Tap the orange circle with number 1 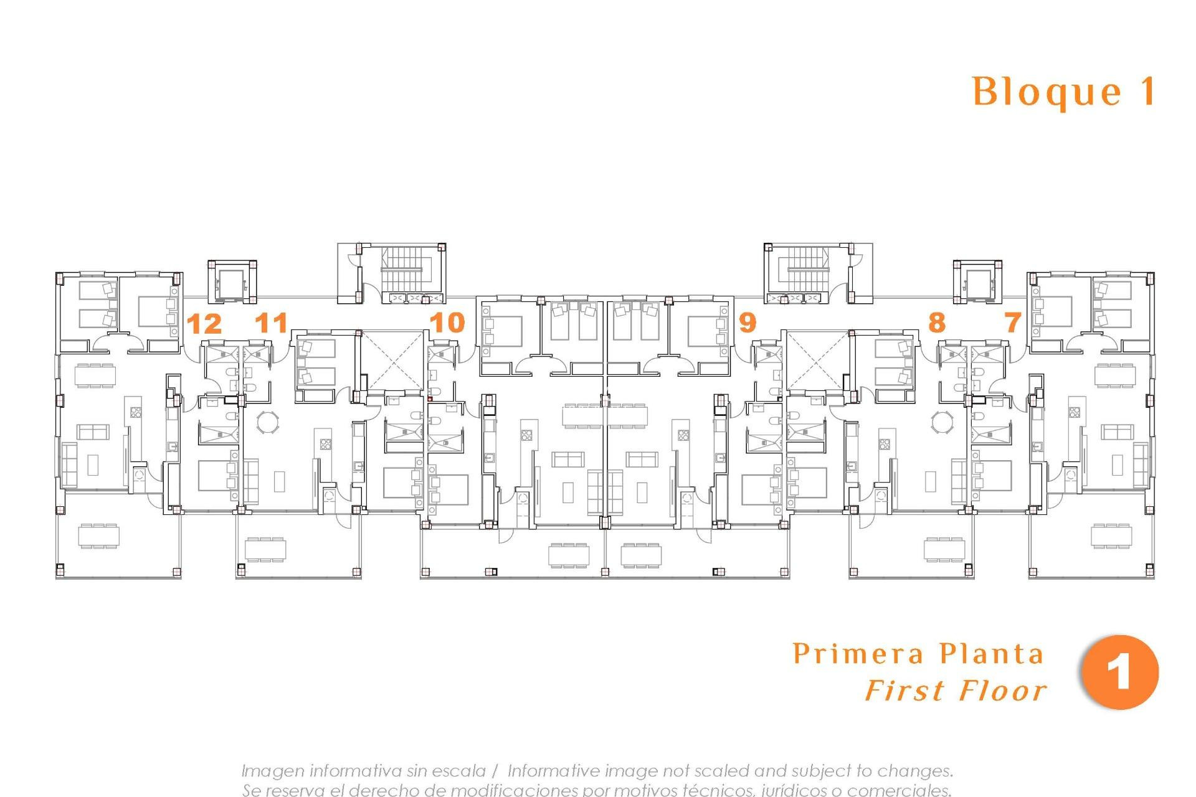1119,672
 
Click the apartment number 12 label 204,324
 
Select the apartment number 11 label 272,323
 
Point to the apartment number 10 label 447,323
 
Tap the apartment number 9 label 747,323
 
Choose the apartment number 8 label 936,323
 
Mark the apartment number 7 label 1013,323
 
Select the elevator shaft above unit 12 232,283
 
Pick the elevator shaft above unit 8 977,283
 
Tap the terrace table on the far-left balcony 98,536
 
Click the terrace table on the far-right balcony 1111,536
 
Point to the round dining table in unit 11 268,422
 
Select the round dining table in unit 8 941,422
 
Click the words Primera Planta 918,654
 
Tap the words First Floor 956,691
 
